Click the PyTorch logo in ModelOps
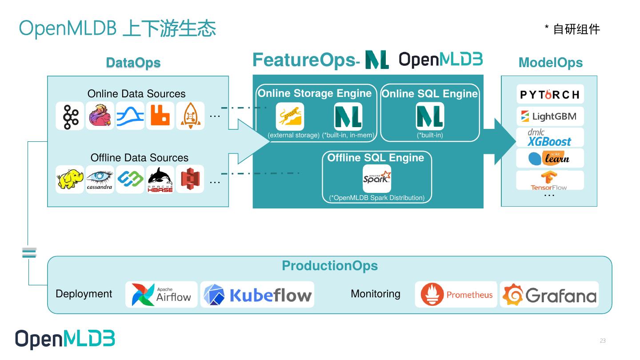click(x=550, y=94)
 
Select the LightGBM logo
click(x=550, y=116)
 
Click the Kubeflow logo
click(x=257, y=295)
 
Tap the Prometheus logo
click(x=456, y=295)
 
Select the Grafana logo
click(x=549, y=295)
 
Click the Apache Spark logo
click(x=377, y=179)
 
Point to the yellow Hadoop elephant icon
click(x=70, y=179)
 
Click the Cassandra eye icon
click(x=100, y=179)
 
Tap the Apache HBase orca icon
click(x=160, y=179)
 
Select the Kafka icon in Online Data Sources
click(x=70, y=116)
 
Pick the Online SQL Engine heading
click(x=430, y=93)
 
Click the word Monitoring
click(x=376, y=294)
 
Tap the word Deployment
click(x=84, y=294)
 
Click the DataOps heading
click(x=133, y=63)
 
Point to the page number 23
click(x=603, y=340)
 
